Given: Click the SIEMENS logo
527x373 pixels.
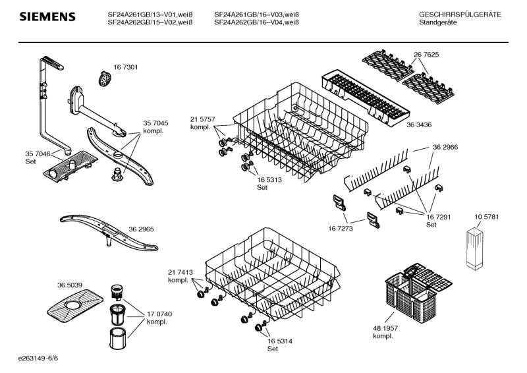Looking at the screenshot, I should [45, 16].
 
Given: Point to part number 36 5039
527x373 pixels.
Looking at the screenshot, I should [70, 285].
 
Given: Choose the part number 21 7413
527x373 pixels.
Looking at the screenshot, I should [180, 272].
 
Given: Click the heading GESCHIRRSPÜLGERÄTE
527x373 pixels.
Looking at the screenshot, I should [459, 14].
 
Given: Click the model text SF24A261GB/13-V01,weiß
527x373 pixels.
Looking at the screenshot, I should [150, 14].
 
